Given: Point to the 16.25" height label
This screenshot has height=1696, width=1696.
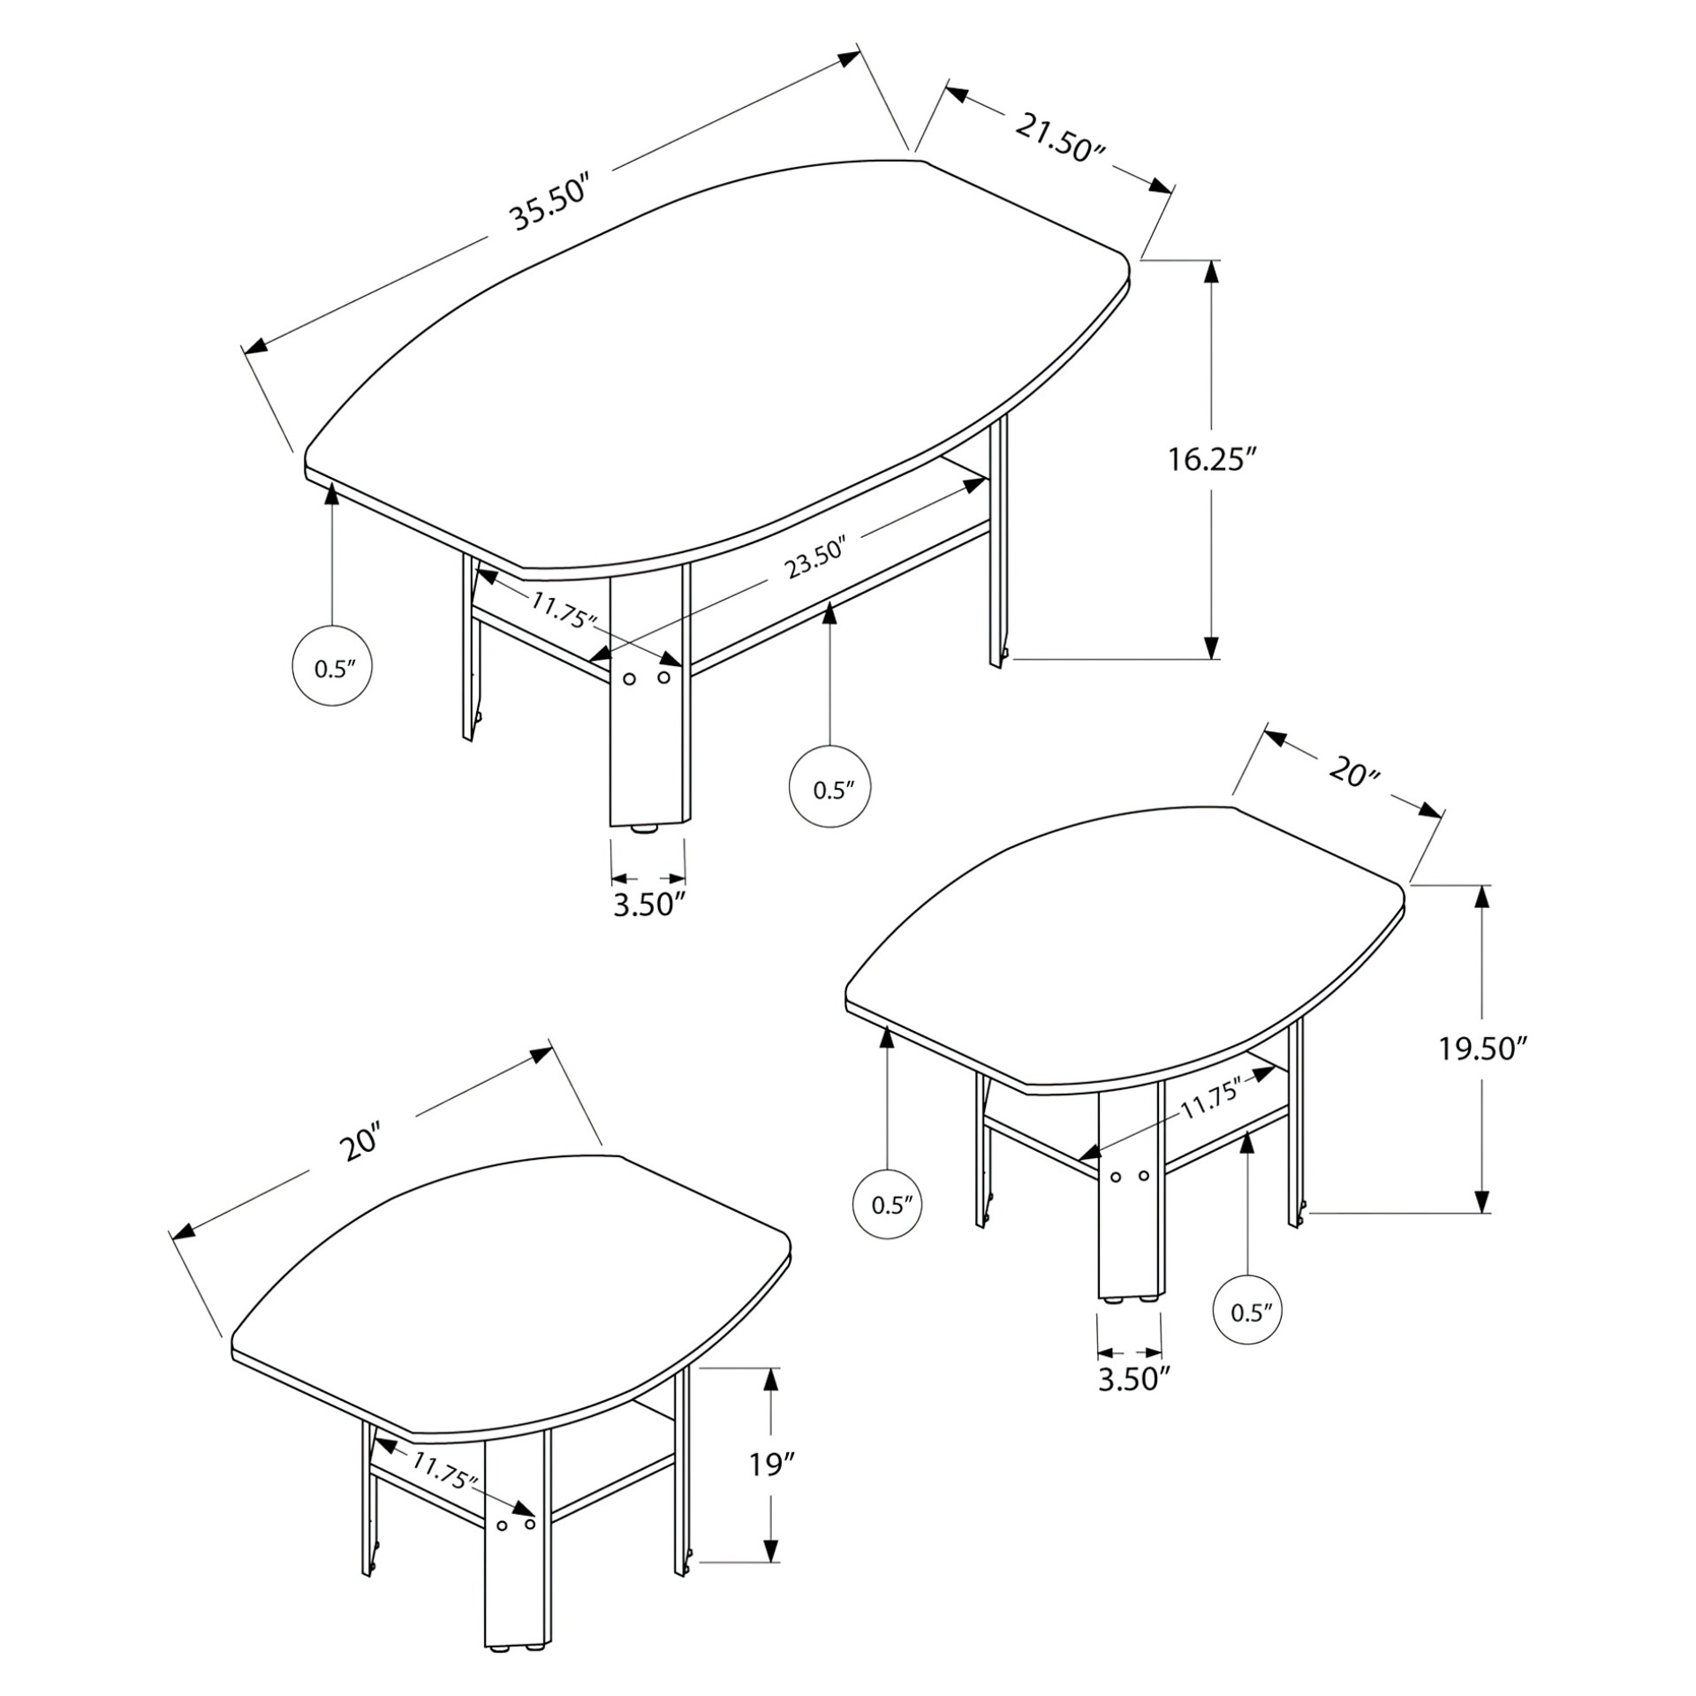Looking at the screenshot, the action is coord(1212,459).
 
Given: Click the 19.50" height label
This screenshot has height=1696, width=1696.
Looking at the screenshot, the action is coord(1483,1049).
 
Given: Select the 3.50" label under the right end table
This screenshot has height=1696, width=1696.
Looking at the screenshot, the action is coord(1134,1379).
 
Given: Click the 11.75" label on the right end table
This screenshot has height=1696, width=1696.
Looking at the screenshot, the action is coord(1212,1098).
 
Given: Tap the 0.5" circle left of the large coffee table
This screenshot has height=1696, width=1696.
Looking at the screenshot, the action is coord(331,666).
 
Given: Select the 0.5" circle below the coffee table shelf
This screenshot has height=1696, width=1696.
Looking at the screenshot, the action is coord(829,788).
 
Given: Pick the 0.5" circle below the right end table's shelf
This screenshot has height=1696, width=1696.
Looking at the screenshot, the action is coord(1248,1336).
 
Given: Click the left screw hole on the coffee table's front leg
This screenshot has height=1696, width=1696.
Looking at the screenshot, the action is coord(630,678).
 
